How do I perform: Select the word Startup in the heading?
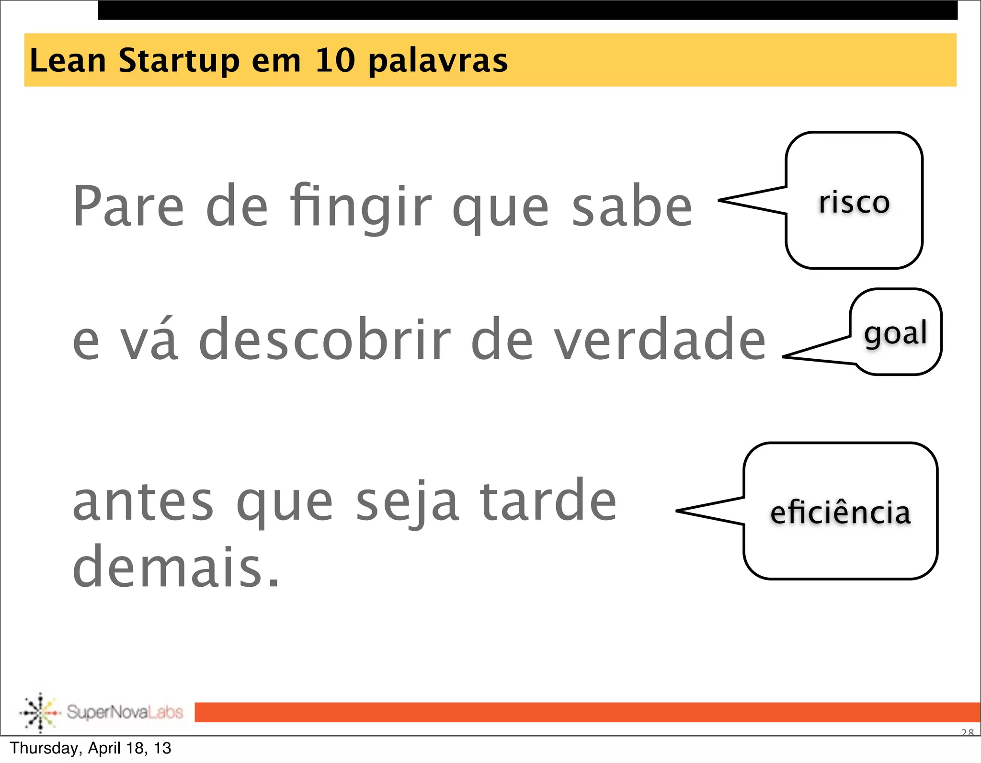(x=179, y=61)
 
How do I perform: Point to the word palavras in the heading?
(x=438, y=61)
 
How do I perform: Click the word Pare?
(x=128, y=206)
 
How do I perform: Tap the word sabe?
(x=632, y=206)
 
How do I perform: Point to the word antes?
(x=143, y=502)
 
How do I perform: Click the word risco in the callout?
(x=854, y=202)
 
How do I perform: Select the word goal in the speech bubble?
(x=895, y=333)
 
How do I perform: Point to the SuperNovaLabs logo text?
(x=125, y=712)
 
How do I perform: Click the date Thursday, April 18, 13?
(x=91, y=748)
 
